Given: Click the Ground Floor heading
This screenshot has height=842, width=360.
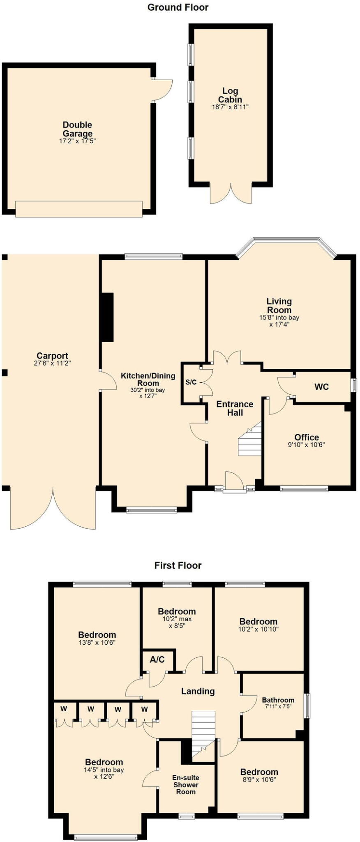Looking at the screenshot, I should pyautogui.click(x=178, y=7).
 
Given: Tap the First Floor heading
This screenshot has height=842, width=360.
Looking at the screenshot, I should pyautogui.click(x=178, y=565).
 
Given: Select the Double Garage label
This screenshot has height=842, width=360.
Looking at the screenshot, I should pyautogui.click(x=77, y=129).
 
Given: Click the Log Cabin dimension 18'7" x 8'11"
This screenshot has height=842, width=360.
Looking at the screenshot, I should pyautogui.click(x=230, y=107).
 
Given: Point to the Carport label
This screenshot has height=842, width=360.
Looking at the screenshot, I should pyautogui.click(x=52, y=356).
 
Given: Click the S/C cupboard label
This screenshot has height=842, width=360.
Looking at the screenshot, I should pyautogui.click(x=191, y=382).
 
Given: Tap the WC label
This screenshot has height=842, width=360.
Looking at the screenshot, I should pyautogui.click(x=321, y=387).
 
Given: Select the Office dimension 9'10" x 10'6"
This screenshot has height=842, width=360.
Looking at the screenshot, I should pyautogui.click(x=307, y=445).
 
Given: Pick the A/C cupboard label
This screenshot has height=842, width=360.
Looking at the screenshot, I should pyautogui.click(x=157, y=659).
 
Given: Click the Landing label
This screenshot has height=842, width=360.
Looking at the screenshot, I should pyautogui.click(x=198, y=691).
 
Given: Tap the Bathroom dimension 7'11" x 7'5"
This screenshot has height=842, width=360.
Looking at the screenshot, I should pyautogui.click(x=278, y=707).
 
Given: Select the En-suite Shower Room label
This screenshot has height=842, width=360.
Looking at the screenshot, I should pyautogui.click(x=186, y=784).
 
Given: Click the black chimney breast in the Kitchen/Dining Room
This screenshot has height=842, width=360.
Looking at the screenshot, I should pyautogui.click(x=107, y=317).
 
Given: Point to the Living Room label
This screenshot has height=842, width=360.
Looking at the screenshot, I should pyautogui.click(x=279, y=306).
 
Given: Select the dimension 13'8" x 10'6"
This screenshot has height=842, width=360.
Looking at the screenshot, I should pyautogui.click(x=97, y=643).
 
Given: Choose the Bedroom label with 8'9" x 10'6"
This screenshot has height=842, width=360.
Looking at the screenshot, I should pyautogui.click(x=259, y=772).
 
